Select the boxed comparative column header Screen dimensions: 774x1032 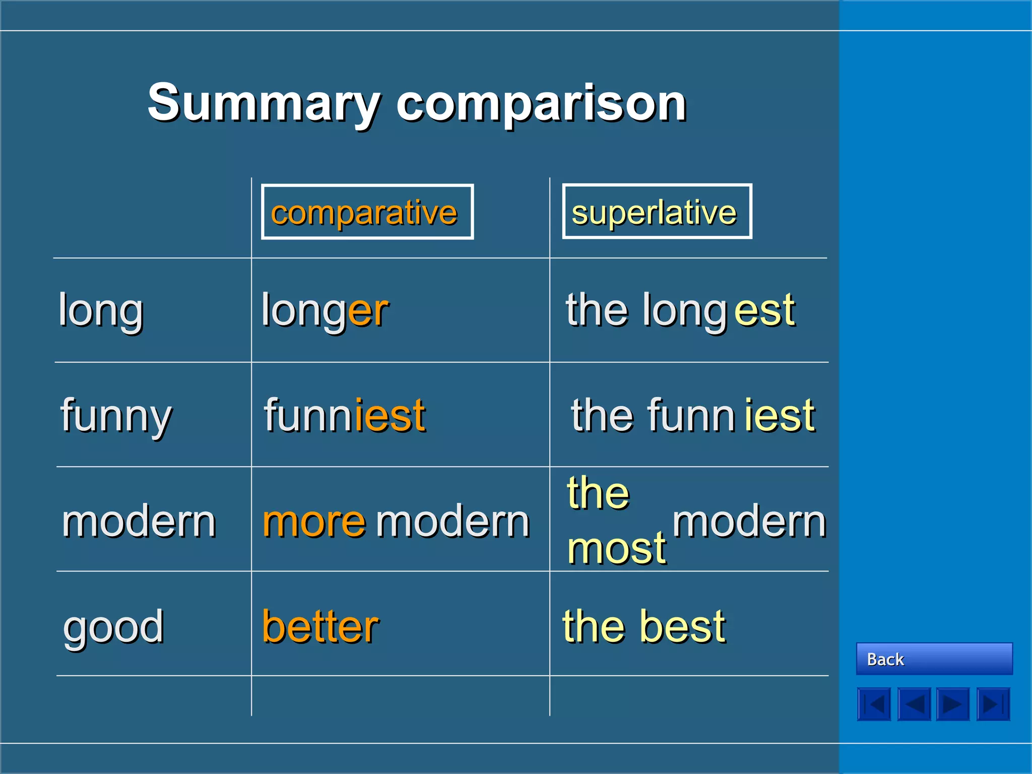367,212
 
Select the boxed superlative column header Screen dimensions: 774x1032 657,212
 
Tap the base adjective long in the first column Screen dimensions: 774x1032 101,310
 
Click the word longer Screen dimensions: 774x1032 325,310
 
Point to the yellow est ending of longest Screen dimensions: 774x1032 764,310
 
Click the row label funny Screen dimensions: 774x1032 116,416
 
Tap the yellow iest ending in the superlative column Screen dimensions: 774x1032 780,416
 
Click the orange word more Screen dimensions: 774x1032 314,522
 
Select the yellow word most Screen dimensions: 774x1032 616,548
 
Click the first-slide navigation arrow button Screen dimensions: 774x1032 874,704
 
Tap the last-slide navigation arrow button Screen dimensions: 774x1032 993,704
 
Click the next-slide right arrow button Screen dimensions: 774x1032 953,704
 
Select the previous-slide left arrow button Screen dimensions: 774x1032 914,704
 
